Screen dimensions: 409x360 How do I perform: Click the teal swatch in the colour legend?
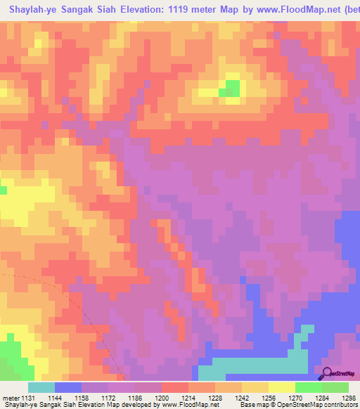(41, 387)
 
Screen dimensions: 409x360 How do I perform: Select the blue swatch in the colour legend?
(68, 387)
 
